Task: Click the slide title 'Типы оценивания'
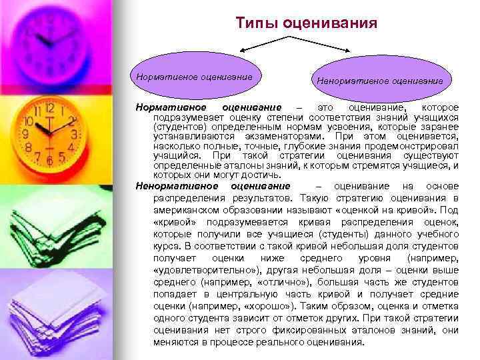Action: tap(306, 23)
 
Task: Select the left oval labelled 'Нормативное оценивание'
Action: tap(195, 77)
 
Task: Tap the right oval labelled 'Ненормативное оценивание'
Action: tap(379, 81)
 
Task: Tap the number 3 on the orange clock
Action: tap(75, 133)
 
